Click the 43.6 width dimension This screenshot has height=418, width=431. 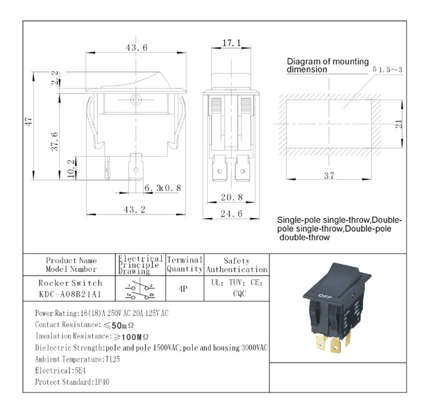pyautogui.click(x=137, y=48)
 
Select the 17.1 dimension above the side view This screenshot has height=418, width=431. pyautogui.click(x=231, y=43)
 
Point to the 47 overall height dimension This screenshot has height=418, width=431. pyautogui.click(x=28, y=122)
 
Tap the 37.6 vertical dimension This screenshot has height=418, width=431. pyautogui.click(x=55, y=142)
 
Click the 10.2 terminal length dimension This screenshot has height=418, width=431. pyautogui.click(x=71, y=168)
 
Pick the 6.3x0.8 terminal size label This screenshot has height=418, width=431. pyautogui.click(x=162, y=188)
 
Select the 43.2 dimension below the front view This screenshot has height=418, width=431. pyautogui.click(x=135, y=210)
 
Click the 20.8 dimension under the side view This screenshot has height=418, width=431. pyautogui.click(x=232, y=197)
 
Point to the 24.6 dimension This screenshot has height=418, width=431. pyautogui.click(x=231, y=214)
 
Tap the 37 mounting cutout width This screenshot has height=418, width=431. pyautogui.click(x=329, y=176)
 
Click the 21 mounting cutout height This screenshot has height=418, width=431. pyautogui.click(x=398, y=124)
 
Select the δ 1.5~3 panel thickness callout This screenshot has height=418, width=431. pyautogui.click(x=387, y=69)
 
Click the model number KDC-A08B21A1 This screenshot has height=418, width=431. pyautogui.click(x=70, y=294)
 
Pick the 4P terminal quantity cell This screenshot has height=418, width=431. pyautogui.click(x=183, y=288)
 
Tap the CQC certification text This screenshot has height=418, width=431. pyautogui.click(x=239, y=294)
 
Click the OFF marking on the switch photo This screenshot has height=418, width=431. pyautogui.click(x=326, y=296)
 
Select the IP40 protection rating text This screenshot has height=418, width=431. pyautogui.click(x=102, y=382)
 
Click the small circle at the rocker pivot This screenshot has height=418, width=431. pyautogui.click(x=136, y=99)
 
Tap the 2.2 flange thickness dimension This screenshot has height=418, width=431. pyautogui.click(x=55, y=78)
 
